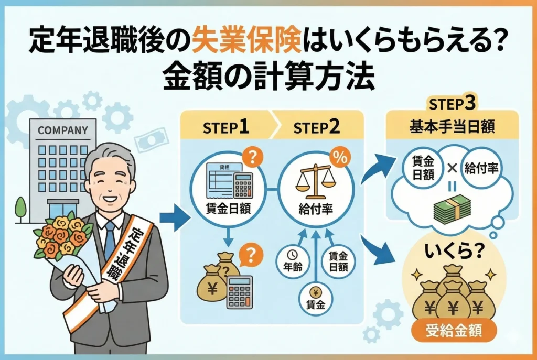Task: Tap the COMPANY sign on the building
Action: tap(62, 129)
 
